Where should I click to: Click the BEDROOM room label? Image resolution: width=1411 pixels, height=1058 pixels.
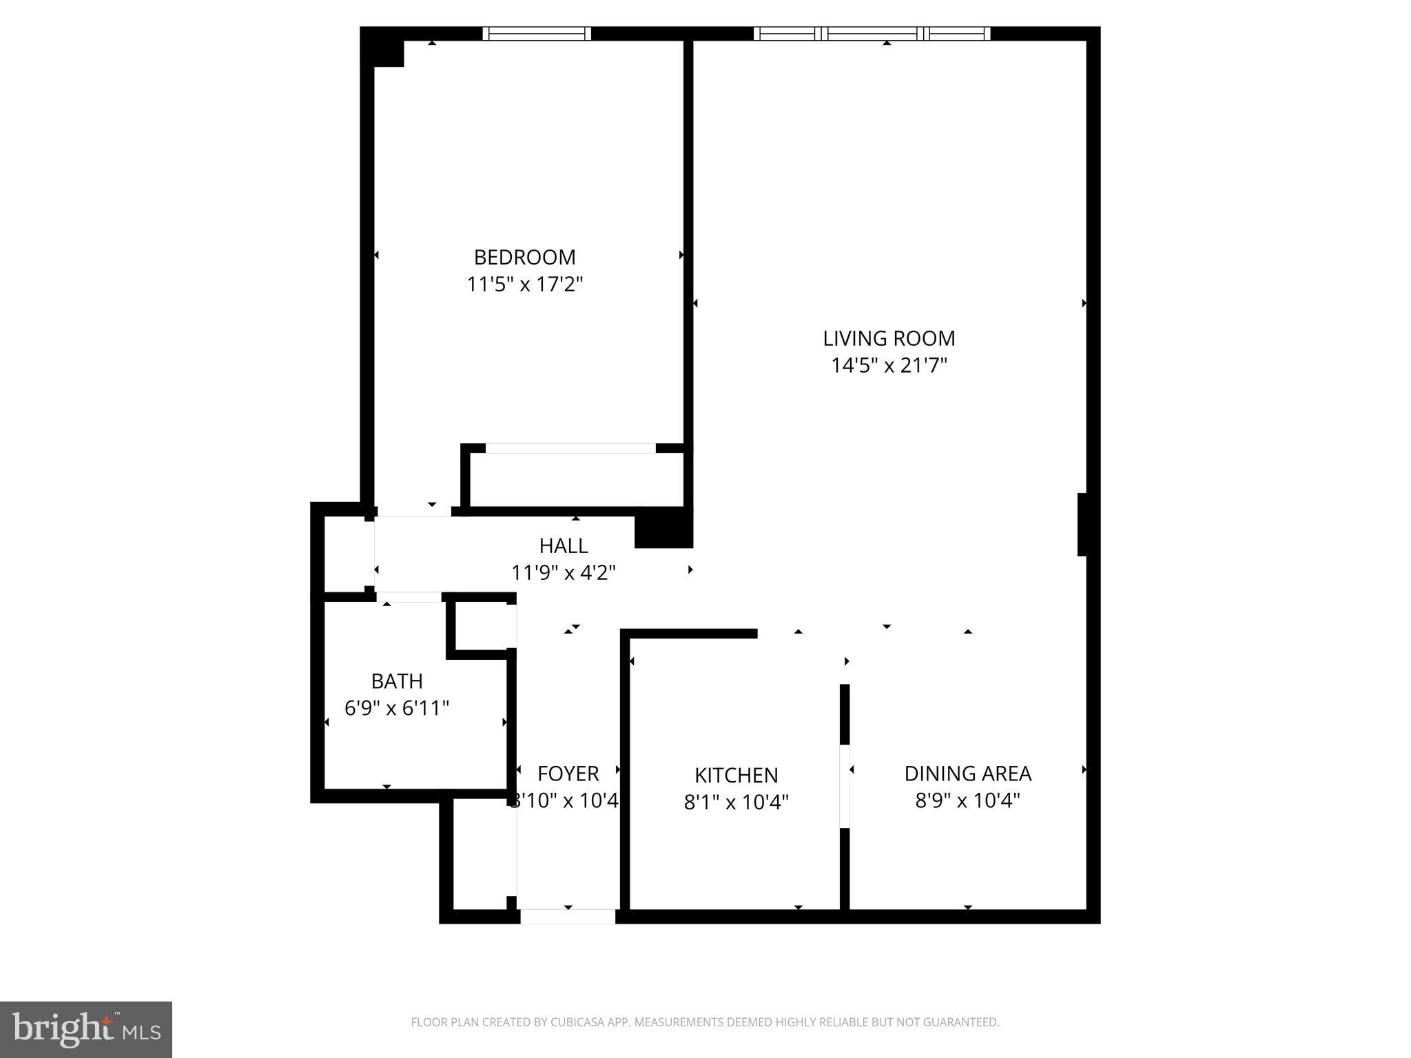(524, 257)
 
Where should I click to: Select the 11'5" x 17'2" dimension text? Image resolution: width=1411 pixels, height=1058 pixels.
(524, 284)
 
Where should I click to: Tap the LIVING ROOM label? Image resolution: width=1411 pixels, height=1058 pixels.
(889, 338)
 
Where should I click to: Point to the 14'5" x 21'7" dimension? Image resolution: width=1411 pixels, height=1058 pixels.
(889, 365)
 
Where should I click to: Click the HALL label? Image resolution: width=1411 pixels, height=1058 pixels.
(563, 546)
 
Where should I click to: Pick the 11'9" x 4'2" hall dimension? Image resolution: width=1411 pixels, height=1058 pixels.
(563, 572)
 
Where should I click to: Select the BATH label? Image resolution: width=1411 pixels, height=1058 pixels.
(397, 681)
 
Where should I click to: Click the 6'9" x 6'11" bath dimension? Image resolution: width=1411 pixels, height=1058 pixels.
(397, 708)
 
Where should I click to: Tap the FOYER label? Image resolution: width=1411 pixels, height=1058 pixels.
(568, 774)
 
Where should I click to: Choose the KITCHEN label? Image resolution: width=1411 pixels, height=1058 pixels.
(736, 776)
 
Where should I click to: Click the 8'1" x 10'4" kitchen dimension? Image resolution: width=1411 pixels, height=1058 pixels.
(736, 802)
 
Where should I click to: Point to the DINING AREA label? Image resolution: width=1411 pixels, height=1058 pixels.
(967, 774)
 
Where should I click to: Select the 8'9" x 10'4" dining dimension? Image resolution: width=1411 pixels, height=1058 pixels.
(967, 800)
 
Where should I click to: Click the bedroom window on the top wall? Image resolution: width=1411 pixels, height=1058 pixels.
(537, 34)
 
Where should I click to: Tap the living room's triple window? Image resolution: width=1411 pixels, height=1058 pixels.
(872, 34)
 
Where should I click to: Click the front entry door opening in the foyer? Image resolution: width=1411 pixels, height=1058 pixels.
(568, 916)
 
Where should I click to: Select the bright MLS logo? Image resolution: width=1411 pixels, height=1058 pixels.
(86, 1029)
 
